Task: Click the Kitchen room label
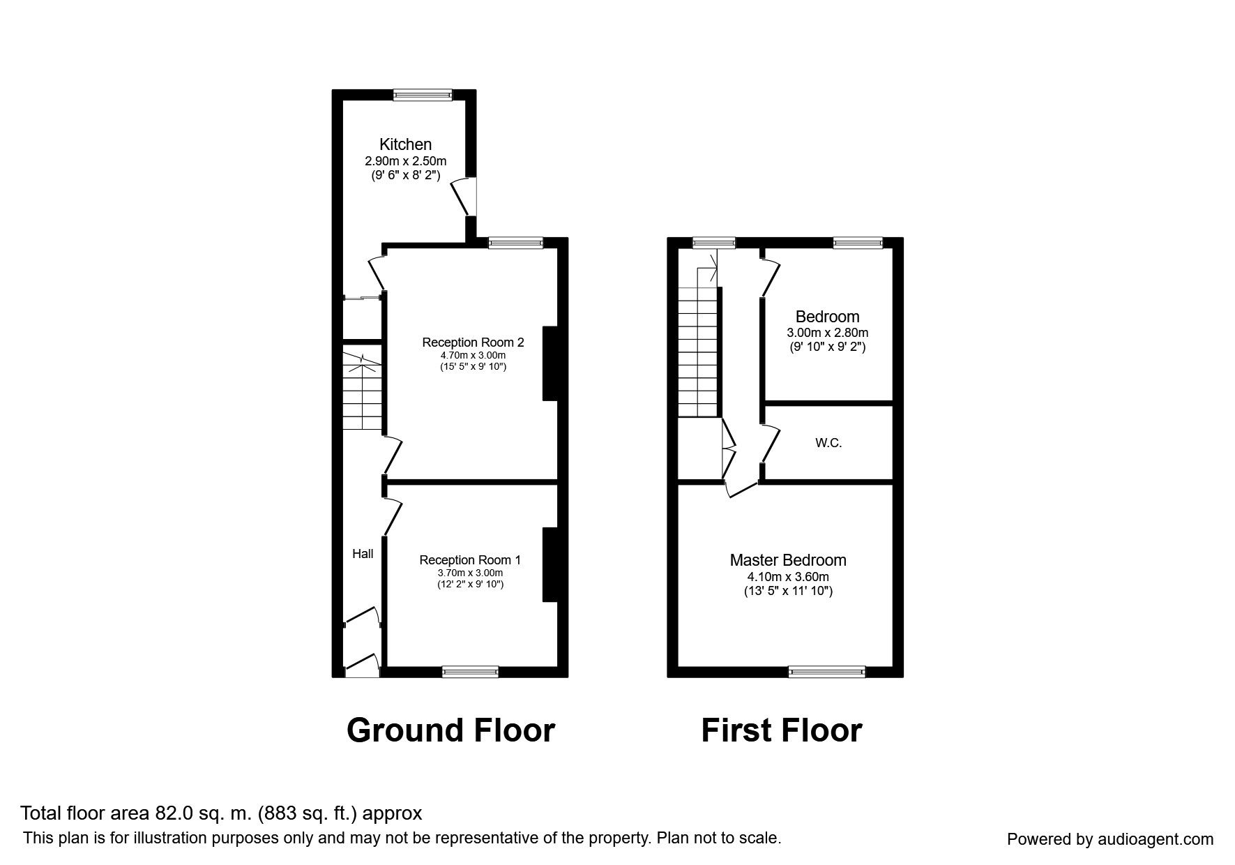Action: tap(405, 144)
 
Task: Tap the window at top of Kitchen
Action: tap(423, 95)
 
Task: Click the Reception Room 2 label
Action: tap(473, 343)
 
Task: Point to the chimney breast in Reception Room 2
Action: tap(550, 363)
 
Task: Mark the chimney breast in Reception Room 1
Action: tap(550, 564)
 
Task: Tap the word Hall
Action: tap(363, 554)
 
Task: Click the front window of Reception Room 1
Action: tap(470, 672)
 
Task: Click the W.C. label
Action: tap(828, 443)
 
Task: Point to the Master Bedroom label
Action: tap(788, 560)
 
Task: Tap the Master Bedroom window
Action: tap(826, 672)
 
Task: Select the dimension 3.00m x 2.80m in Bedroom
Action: tap(827, 333)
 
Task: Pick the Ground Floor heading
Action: tap(450, 730)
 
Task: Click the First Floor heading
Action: tap(781, 730)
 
